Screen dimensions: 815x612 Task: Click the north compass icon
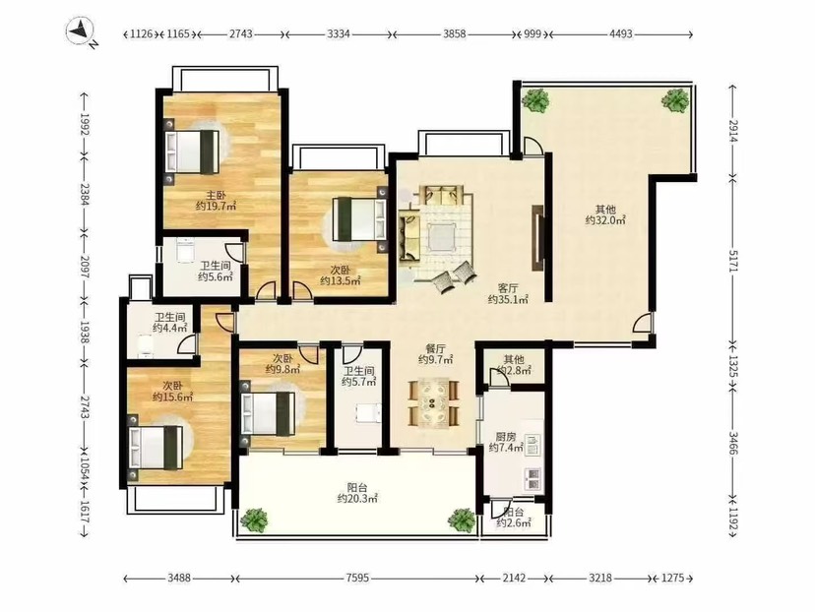[81, 32]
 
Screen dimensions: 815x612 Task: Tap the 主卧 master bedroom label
[216, 196]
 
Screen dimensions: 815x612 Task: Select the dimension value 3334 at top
[339, 34]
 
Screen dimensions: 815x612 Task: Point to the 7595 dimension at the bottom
[356, 578]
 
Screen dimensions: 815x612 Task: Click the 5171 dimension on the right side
[733, 260]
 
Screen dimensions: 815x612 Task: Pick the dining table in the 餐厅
[433, 402]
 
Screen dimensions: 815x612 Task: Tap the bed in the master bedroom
[191, 152]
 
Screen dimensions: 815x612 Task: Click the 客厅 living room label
[508, 288]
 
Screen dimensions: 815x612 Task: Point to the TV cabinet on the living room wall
[536, 237]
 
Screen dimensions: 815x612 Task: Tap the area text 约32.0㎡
[605, 220]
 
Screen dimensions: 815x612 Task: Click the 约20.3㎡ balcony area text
[356, 499]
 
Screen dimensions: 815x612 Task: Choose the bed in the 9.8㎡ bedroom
[267, 413]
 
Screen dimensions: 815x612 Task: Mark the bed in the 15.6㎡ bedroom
[156, 448]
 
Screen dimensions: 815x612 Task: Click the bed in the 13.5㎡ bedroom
[360, 218]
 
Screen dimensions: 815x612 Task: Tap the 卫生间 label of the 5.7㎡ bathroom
[358, 371]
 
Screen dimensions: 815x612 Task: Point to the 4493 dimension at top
[621, 34]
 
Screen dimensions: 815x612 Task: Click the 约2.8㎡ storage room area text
[514, 370]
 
